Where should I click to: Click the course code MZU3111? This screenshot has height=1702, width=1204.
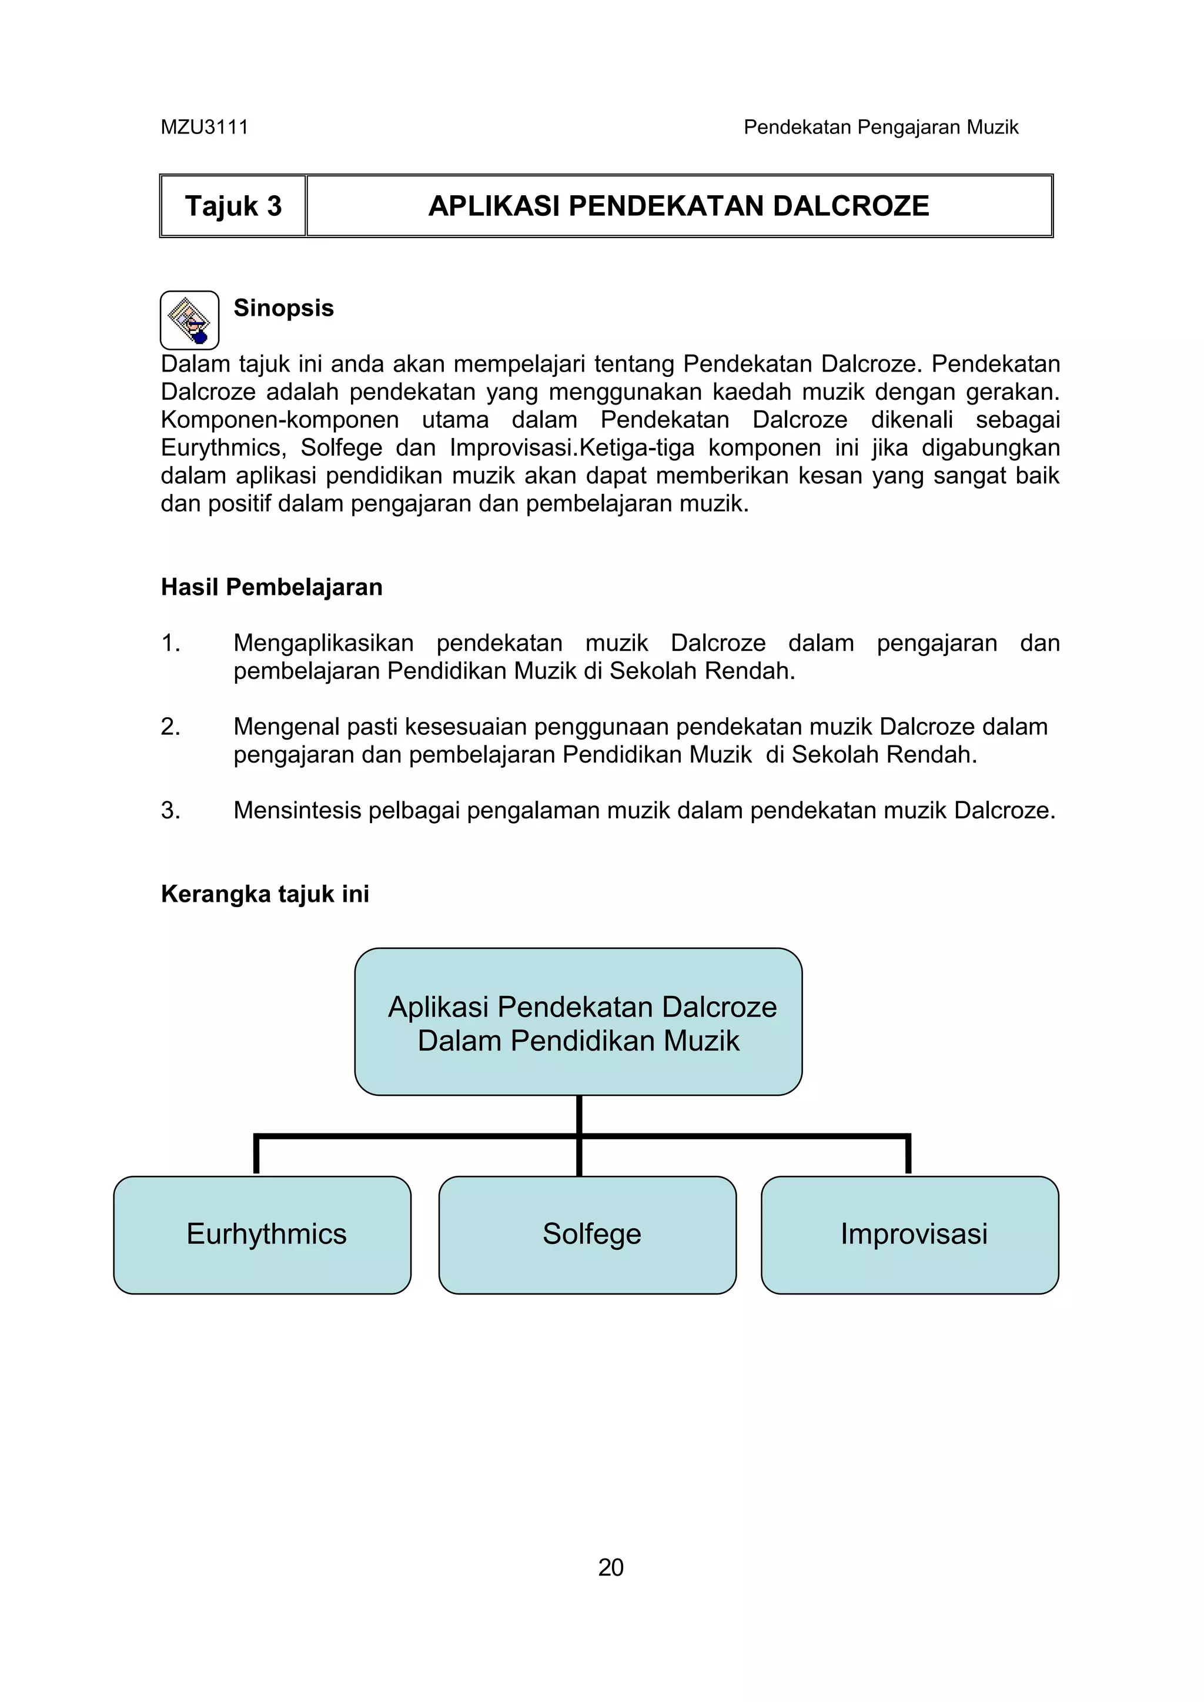tap(204, 128)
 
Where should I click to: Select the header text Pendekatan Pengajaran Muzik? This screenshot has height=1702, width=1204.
tap(881, 128)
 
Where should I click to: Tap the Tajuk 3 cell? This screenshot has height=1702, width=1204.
tap(233, 206)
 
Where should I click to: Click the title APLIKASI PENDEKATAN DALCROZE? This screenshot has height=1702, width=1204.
tap(678, 206)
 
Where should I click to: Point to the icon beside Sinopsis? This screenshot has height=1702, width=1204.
tap(190, 320)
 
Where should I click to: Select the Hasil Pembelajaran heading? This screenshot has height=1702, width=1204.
tap(272, 587)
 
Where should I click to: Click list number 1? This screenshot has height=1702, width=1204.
tap(170, 643)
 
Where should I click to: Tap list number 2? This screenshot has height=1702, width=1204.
tap(170, 727)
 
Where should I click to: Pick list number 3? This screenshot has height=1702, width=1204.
tap(170, 810)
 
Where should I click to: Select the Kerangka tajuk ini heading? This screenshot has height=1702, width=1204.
tap(265, 894)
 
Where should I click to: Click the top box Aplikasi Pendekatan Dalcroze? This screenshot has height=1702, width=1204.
tap(578, 1022)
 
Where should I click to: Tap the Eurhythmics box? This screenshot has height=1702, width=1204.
tap(262, 1234)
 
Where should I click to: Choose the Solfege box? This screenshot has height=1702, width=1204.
tap(588, 1234)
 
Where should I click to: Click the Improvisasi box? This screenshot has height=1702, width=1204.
tap(909, 1234)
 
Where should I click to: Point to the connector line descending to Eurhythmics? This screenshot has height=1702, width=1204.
tap(256, 1155)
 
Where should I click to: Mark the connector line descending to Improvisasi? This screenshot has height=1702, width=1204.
tap(908, 1155)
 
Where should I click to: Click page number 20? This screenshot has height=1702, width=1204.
tap(610, 1568)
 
